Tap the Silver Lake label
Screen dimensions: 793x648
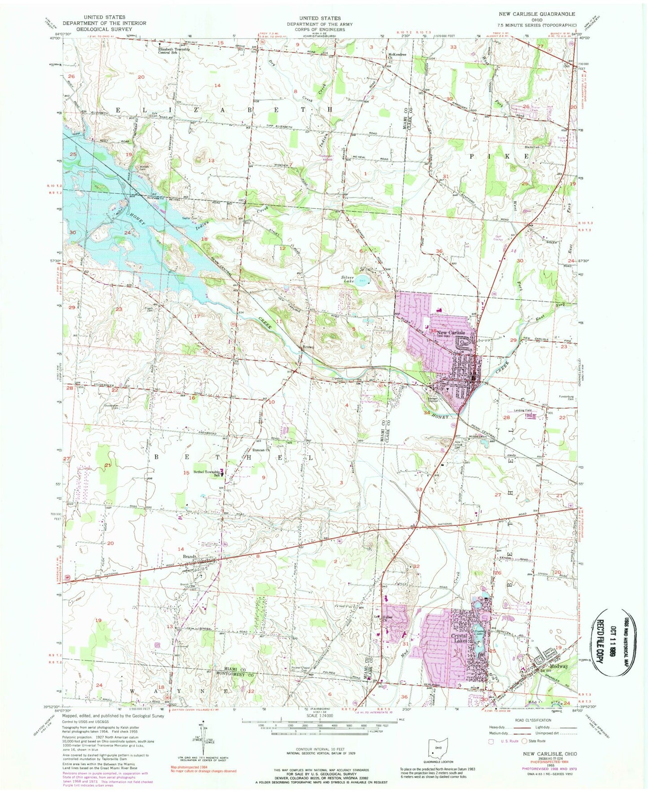348,280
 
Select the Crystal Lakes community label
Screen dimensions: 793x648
460,638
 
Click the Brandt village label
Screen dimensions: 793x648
189,557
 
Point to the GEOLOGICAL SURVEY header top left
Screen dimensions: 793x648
104,29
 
